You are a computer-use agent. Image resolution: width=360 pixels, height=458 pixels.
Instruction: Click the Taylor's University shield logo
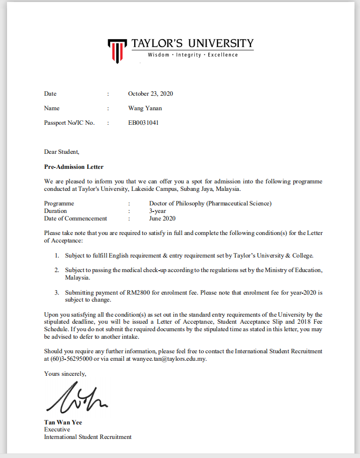click(116, 50)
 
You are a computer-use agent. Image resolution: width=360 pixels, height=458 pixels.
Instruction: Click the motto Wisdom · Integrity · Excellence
click(193, 55)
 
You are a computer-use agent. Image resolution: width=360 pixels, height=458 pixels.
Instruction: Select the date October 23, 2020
click(150, 94)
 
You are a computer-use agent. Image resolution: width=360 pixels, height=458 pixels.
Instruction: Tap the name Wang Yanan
click(145, 108)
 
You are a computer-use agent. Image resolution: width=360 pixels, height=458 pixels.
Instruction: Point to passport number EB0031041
click(143, 123)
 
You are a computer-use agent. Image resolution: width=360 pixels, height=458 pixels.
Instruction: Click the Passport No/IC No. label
click(69, 123)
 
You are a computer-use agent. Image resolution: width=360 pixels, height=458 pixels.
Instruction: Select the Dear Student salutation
click(62, 152)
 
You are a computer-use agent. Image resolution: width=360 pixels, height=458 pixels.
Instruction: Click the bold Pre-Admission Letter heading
click(74, 166)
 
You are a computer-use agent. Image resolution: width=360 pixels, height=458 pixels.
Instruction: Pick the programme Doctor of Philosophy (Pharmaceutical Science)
click(210, 203)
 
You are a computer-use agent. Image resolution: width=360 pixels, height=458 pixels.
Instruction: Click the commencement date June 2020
click(162, 218)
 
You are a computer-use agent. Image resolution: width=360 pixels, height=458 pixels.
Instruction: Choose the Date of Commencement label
click(76, 218)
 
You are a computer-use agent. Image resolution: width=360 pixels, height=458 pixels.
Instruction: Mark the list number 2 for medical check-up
click(57, 270)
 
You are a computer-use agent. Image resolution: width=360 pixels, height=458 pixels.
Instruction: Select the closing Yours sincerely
click(65, 373)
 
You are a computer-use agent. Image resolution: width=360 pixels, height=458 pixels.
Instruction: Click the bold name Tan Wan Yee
click(63, 422)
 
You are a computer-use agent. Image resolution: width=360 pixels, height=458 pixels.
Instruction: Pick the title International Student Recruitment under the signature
click(88, 437)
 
